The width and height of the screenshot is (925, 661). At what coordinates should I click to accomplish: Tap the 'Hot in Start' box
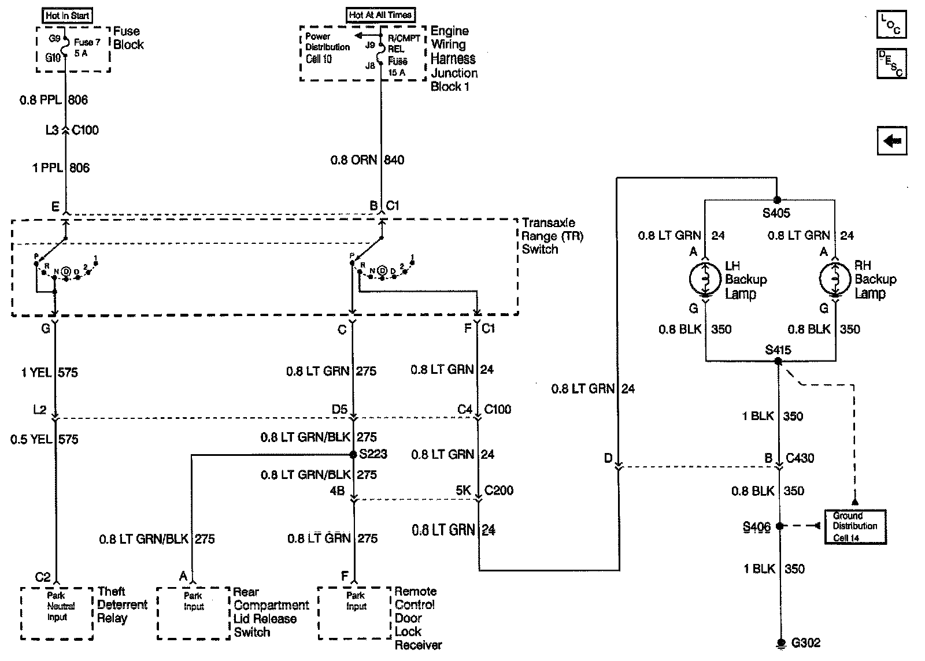68,16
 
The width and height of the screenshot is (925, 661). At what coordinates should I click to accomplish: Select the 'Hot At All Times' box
381,15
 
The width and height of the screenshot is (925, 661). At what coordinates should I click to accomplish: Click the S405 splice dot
777,200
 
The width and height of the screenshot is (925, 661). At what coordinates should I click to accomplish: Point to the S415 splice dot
778,361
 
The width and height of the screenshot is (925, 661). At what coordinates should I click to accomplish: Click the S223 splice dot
353,455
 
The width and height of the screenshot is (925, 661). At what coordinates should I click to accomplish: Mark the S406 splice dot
779,526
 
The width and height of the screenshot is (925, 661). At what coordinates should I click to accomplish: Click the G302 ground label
805,643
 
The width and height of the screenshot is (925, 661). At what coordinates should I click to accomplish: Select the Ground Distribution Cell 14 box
855,526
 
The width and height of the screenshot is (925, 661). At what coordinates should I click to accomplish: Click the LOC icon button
891,24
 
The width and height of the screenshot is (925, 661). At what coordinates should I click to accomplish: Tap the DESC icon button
891,63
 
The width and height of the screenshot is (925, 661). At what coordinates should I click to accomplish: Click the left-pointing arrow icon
891,140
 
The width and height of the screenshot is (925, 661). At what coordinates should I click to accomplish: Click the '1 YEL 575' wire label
49,373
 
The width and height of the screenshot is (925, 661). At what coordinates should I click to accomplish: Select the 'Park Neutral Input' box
57,612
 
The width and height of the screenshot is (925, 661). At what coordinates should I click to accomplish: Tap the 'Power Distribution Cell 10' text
327,48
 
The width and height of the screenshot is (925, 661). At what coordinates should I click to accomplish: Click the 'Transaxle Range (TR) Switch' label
547,236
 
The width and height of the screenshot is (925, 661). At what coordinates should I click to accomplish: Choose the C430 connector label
800,458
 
